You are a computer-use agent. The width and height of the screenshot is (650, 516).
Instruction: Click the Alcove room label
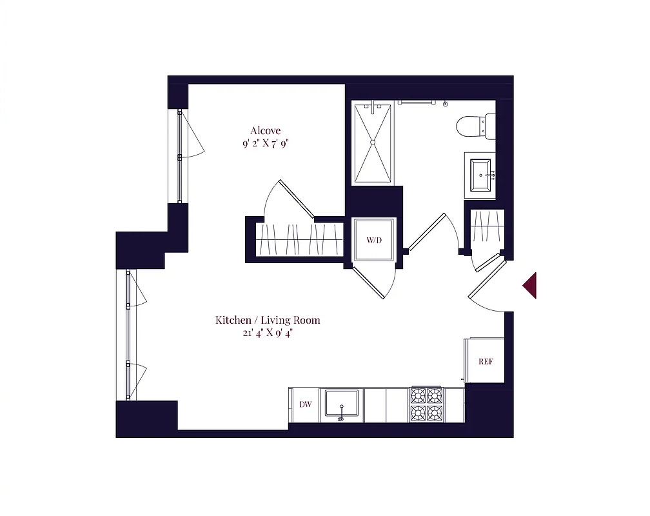(x=265, y=131)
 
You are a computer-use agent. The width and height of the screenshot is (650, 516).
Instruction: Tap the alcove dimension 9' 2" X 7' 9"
(x=265, y=144)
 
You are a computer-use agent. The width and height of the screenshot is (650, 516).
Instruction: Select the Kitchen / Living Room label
(x=268, y=320)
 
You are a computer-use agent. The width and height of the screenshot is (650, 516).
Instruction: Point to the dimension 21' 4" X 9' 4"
(x=268, y=333)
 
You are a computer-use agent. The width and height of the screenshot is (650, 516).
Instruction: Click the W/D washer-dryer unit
(x=373, y=240)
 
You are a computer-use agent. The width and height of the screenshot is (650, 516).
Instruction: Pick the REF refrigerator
(x=485, y=361)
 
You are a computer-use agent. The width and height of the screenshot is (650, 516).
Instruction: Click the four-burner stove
(x=426, y=404)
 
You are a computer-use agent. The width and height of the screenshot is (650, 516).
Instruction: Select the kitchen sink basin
(x=341, y=402)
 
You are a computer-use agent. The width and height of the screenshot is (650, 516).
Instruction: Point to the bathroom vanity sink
(x=480, y=175)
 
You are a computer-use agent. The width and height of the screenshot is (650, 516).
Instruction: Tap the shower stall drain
(x=372, y=143)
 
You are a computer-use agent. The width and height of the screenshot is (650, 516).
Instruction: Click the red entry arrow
(x=530, y=285)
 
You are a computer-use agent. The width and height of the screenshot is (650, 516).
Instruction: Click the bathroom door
(x=426, y=232)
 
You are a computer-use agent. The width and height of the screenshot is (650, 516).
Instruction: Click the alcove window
(x=179, y=156)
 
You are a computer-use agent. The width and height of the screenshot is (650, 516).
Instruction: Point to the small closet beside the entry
(x=488, y=231)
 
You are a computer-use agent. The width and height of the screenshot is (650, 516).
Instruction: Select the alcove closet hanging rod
(x=300, y=240)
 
